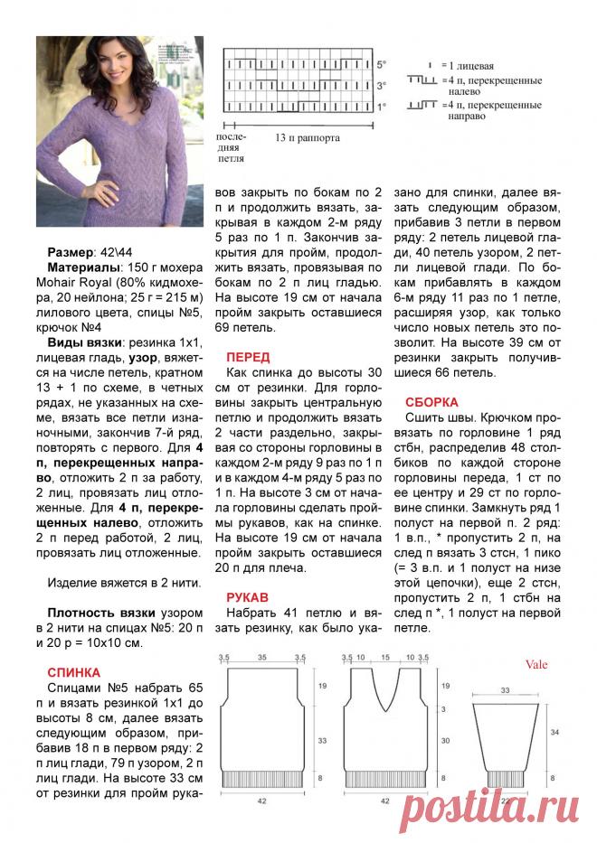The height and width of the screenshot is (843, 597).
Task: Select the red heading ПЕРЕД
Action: point(248,357)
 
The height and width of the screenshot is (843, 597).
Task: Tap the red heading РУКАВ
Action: point(247,597)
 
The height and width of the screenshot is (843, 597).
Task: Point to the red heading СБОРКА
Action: point(432,401)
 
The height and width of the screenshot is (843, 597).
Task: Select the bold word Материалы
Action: point(82,268)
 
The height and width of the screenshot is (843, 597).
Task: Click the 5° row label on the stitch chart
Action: point(382,65)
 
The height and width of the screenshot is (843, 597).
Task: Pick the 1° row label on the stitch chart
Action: point(382,106)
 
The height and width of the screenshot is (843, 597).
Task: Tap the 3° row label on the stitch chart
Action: point(382,86)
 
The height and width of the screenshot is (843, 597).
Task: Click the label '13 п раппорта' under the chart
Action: point(308,140)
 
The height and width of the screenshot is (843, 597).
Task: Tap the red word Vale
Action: point(536,664)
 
